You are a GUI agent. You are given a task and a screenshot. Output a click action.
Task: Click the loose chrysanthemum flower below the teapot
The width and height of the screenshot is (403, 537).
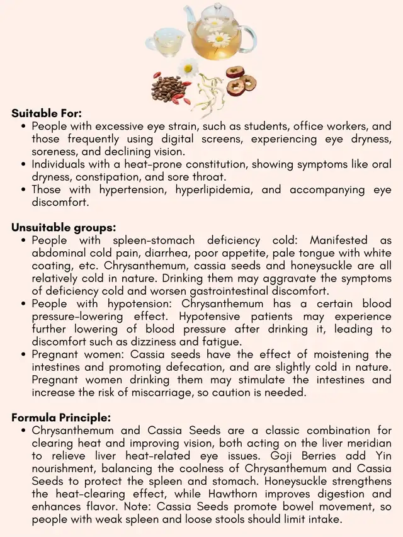[x=188, y=68]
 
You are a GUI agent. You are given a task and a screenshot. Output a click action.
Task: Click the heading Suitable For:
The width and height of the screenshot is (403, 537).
[x=47, y=114]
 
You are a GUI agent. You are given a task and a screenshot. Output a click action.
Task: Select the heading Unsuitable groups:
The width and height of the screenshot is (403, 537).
[x=64, y=228]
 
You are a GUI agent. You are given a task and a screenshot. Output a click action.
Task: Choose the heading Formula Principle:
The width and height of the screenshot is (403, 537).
[x=61, y=417]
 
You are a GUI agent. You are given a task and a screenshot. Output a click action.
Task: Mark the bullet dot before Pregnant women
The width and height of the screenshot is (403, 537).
[x=23, y=355]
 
